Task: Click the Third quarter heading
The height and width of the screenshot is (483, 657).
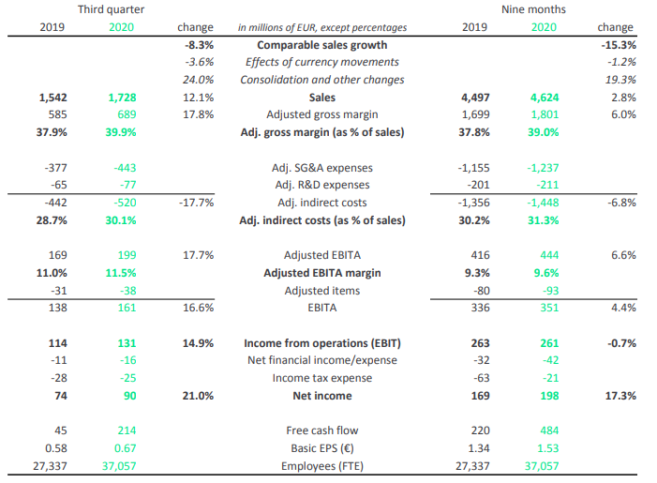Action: [x=111, y=9]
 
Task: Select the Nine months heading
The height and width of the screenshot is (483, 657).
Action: [x=533, y=9]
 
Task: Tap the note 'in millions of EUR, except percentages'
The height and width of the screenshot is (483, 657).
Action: [x=322, y=28]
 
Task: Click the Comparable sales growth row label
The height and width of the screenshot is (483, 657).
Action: [x=322, y=45]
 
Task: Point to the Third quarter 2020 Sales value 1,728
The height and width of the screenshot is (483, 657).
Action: [x=122, y=98]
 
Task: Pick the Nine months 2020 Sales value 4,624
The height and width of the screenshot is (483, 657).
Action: [x=545, y=98]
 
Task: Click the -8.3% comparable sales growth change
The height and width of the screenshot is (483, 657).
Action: [x=199, y=45]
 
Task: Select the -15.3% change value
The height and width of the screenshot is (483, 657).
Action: [x=619, y=45]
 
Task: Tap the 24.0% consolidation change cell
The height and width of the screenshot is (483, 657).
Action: [x=198, y=80]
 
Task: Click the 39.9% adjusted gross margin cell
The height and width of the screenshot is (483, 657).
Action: [x=121, y=132]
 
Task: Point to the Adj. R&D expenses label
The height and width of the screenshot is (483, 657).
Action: [x=322, y=185]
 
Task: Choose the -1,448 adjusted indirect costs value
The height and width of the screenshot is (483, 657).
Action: [x=543, y=203]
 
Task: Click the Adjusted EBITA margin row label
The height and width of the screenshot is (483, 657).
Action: [x=322, y=273]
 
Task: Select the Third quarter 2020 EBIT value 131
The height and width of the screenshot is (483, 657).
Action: [x=127, y=343]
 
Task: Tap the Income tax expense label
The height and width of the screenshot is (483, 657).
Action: [x=322, y=378]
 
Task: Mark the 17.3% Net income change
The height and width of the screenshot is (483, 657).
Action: [x=620, y=396]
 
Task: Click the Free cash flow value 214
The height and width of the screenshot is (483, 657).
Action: [x=127, y=430]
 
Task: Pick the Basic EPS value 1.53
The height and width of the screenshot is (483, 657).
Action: [x=547, y=448]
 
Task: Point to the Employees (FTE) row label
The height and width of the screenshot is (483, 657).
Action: [x=322, y=466]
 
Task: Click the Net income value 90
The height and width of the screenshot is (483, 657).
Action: [x=130, y=396]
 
